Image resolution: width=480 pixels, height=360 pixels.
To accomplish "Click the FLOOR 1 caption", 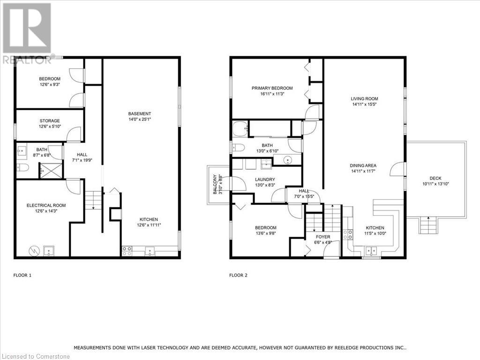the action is [22, 275].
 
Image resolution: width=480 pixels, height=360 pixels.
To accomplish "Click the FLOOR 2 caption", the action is [238, 275].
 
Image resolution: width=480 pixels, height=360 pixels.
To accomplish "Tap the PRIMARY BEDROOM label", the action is [272, 88].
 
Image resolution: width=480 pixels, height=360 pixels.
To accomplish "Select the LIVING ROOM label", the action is [364, 98].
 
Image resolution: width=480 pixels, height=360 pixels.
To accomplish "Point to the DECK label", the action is [435, 178].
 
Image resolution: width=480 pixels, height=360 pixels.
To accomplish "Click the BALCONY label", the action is [215, 184].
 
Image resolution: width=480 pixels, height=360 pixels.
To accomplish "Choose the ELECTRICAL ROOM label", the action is [46, 205].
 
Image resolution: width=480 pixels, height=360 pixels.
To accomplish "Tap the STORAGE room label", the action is [50, 120].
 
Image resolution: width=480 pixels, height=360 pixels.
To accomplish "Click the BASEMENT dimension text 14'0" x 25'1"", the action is [140, 119].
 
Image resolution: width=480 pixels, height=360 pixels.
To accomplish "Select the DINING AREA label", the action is [363, 165].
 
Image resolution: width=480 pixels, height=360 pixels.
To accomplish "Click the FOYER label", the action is [323, 237].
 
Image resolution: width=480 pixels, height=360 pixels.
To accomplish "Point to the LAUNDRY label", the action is [265, 180].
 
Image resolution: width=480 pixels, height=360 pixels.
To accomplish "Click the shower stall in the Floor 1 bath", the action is [51, 171].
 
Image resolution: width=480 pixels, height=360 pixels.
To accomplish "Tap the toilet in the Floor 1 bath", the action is [22, 167].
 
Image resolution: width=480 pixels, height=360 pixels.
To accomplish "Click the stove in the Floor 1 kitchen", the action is [127, 251].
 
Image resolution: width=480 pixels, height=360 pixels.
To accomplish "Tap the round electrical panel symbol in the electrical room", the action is [34, 251].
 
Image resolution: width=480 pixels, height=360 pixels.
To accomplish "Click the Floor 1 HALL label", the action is [82, 155].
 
